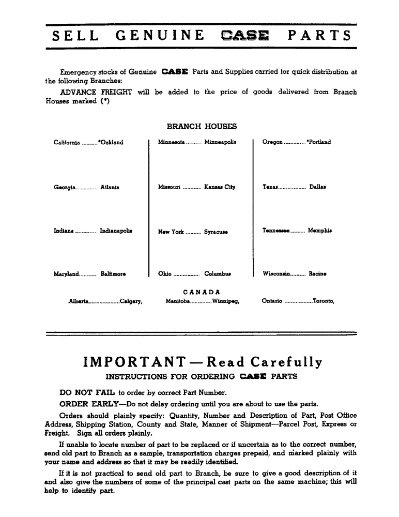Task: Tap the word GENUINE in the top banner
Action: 160,36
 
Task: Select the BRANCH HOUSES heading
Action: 202,126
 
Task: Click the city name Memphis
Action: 320,231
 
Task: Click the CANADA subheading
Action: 202,292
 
